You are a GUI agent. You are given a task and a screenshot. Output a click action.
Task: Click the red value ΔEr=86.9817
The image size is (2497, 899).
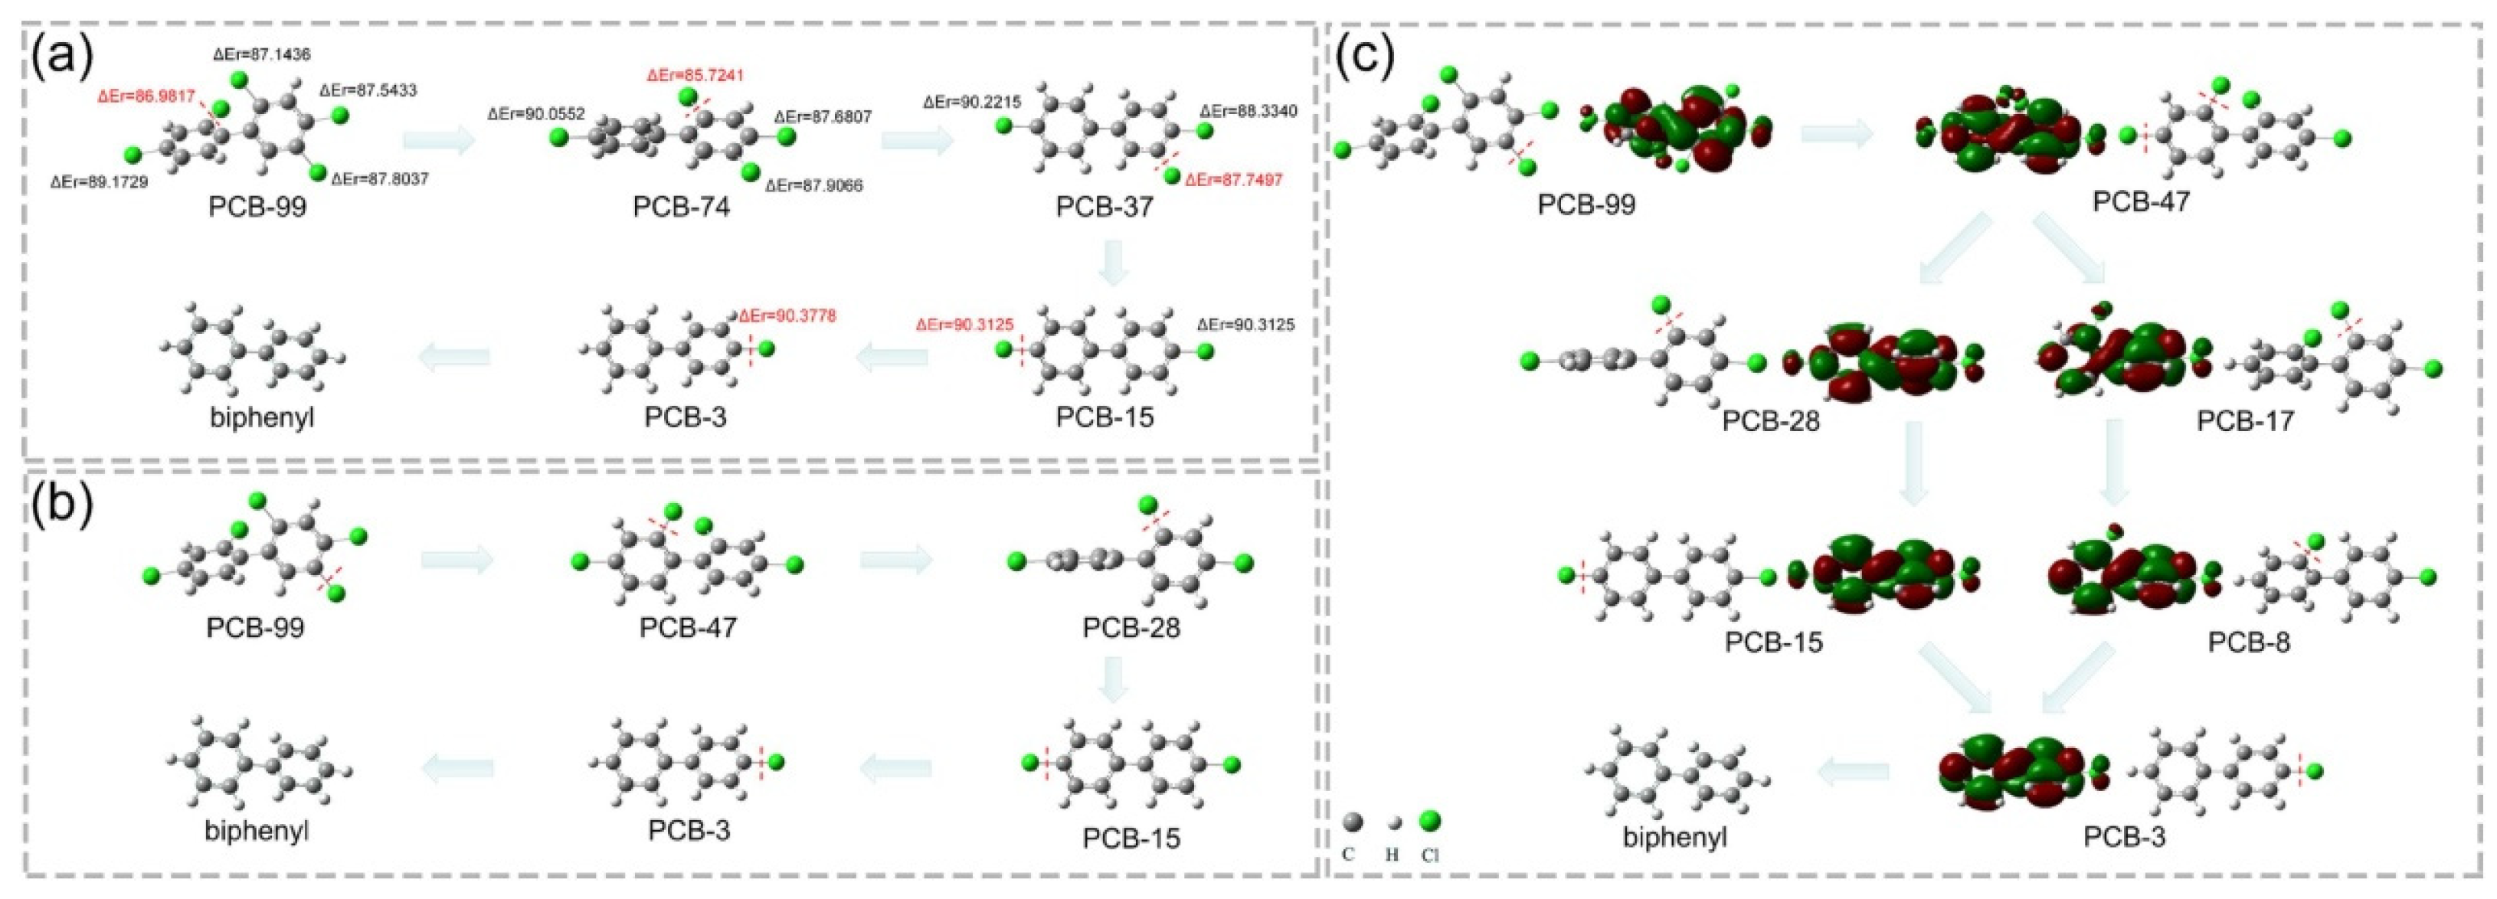coord(146,96)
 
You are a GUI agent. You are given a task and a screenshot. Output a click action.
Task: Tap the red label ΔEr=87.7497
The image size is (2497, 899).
coord(1233,180)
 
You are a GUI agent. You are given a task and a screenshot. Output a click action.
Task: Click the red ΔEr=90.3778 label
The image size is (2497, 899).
coord(787,315)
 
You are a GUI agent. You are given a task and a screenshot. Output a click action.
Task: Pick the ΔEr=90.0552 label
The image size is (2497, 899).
coord(536,113)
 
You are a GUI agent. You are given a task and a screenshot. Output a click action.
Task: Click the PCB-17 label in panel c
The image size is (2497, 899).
coord(2245,421)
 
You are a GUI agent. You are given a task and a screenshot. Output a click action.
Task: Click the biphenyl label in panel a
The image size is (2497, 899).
coord(262,419)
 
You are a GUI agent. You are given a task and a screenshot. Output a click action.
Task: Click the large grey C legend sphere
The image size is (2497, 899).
coord(1353,822)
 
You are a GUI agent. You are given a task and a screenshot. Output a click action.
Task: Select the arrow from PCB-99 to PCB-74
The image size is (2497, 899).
coord(439,142)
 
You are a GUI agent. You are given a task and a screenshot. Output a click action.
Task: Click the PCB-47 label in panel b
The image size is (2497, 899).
coord(689,627)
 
